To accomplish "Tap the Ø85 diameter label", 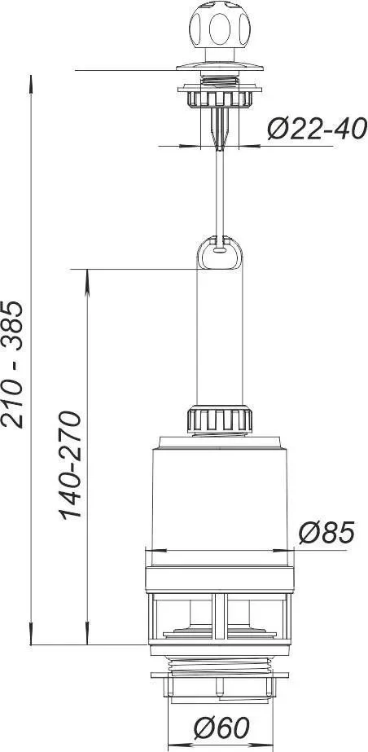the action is [x=326, y=532].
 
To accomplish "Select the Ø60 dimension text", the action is [x=221, y=728].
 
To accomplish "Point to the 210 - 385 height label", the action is [x=12, y=364].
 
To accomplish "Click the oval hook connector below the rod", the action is [x=220, y=253].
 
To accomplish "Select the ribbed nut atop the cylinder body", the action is [x=220, y=419].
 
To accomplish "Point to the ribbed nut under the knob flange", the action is [x=220, y=99].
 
